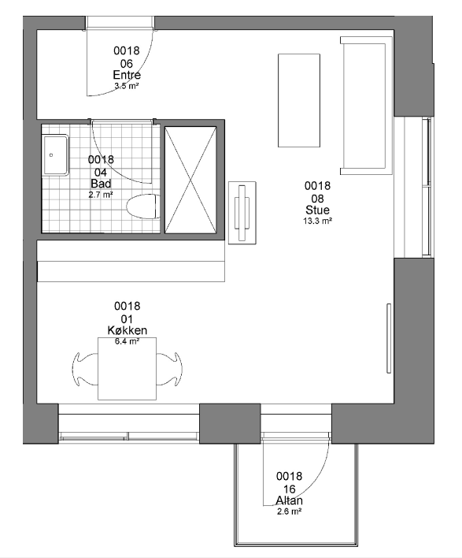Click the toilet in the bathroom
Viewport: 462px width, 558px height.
143,206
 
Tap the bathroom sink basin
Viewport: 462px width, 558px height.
55,155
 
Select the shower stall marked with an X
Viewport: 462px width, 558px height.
190,180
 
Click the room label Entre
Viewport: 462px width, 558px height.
127,75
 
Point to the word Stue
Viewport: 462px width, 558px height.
317,210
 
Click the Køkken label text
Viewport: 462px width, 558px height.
128,330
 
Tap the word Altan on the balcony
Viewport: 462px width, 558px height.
290,500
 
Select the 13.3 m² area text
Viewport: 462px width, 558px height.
317,221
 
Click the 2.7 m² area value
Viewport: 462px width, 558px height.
101,195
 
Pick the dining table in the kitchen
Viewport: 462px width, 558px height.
128,369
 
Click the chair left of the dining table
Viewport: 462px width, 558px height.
85,369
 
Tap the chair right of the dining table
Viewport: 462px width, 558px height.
169,369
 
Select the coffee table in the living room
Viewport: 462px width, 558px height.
299,100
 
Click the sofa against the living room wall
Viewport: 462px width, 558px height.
366,106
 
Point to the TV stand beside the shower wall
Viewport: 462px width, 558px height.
242,213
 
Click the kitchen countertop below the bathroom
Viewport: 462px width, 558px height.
131,261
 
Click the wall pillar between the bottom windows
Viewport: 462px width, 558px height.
230,423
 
